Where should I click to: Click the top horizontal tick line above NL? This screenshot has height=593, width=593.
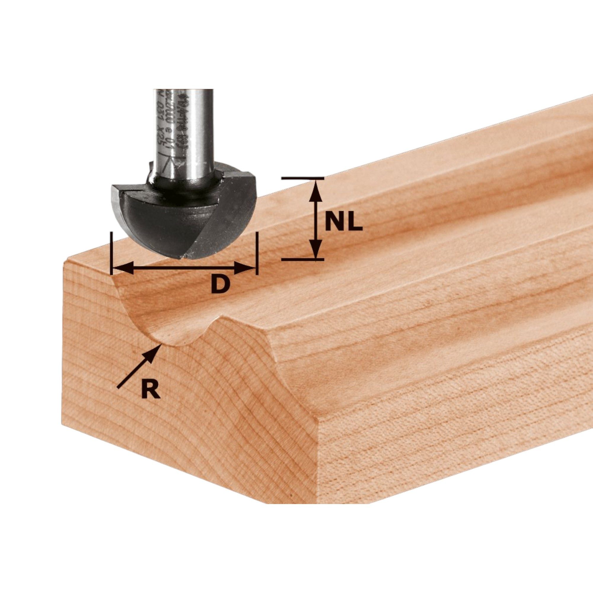click(x=302, y=178)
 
